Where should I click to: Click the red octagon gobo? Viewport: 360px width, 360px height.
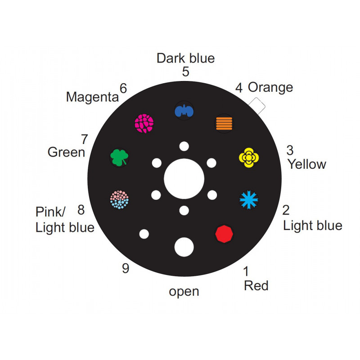click(224, 234)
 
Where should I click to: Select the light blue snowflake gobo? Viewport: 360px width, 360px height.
click(249, 200)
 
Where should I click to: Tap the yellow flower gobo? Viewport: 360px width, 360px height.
click(249, 157)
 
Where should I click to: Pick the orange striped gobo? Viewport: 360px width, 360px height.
click(224, 123)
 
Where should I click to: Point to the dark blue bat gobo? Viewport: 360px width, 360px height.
click(184, 110)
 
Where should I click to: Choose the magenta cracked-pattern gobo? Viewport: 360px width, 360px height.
click(144, 123)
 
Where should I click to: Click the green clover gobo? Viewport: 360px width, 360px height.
click(119, 157)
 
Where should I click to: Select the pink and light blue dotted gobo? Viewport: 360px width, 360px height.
click(119, 199)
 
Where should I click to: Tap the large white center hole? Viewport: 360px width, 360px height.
click(184, 179)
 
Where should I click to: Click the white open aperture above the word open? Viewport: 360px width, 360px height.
click(184, 247)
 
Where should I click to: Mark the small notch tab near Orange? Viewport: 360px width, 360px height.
click(257, 106)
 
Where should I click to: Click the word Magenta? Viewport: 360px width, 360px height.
click(92, 97)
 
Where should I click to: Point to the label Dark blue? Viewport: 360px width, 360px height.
click(185, 58)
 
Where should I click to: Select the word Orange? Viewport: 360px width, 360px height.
click(270, 88)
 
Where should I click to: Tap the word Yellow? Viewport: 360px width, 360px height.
click(307, 164)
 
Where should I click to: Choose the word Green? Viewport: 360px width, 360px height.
click(66, 152)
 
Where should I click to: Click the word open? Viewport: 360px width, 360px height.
click(184, 292)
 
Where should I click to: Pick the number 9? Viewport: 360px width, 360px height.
click(126, 268)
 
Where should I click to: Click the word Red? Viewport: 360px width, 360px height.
click(256, 286)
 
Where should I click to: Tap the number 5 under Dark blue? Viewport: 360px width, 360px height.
click(185, 72)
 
